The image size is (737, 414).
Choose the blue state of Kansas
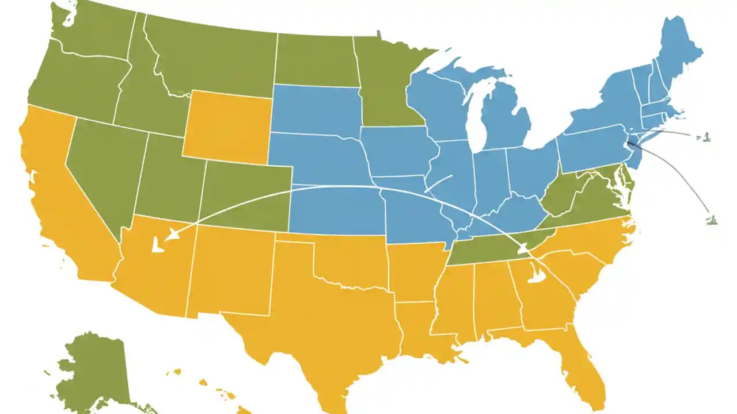337,210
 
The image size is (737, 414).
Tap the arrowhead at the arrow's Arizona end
170,234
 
